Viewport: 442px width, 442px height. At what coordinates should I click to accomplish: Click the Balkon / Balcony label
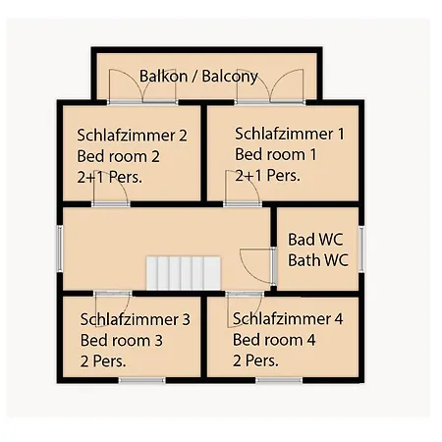click(198, 77)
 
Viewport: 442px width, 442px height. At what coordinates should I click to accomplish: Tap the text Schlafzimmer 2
click(133, 136)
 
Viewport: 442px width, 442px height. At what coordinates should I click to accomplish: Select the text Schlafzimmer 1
click(290, 134)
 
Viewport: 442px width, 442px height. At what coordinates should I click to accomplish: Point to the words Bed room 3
click(122, 340)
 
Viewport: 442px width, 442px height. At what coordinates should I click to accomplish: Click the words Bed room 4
click(274, 340)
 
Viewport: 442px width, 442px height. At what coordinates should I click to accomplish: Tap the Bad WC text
click(315, 240)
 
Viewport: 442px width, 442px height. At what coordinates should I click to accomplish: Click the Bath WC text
click(318, 260)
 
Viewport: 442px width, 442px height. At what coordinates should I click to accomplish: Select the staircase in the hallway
click(184, 273)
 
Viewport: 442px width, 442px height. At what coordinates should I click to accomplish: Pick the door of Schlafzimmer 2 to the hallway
click(111, 189)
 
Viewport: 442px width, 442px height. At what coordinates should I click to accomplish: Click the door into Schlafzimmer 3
click(113, 308)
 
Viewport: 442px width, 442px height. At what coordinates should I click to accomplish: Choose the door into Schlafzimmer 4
click(245, 308)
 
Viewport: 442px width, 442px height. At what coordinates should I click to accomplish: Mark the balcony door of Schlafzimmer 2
click(142, 86)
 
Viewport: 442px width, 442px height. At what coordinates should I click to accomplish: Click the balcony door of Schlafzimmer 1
click(270, 86)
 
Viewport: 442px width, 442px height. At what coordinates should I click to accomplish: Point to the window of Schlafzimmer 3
click(141, 380)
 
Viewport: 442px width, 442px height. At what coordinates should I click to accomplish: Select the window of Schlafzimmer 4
click(279, 380)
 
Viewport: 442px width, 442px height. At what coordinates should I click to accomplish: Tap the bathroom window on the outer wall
click(361, 249)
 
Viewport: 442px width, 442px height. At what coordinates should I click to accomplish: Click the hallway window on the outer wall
click(60, 249)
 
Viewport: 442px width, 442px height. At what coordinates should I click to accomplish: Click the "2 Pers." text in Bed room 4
click(255, 360)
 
